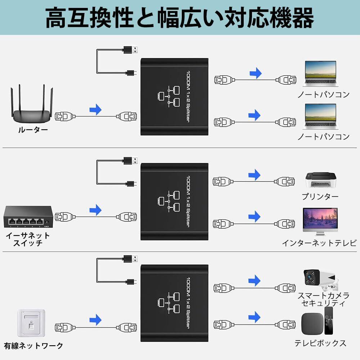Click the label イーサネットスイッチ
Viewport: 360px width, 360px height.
point(28,239)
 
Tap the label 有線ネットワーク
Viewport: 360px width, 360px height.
point(33,346)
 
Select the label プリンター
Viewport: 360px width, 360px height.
point(320,197)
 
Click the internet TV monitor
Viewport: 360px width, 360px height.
point(320,222)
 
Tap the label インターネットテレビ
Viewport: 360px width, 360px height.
point(319,243)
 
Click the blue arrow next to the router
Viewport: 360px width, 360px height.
point(95,109)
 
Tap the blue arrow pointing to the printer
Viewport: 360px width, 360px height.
point(255,175)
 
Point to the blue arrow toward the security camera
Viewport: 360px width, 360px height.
point(255,280)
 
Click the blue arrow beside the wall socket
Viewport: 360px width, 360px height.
point(95,319)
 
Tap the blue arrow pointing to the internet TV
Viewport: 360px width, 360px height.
point(255,216)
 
